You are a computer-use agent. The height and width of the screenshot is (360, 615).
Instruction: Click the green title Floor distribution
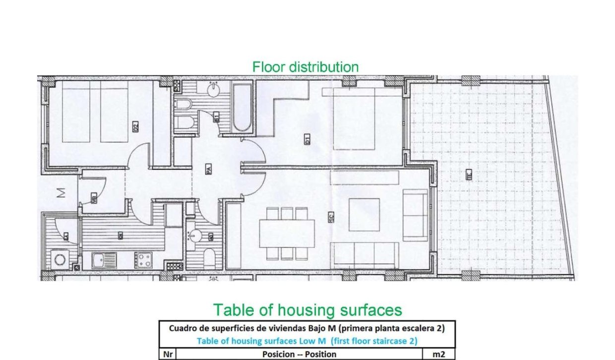point(305,67)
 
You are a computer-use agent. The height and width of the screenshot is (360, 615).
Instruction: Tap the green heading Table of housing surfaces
point(307,310)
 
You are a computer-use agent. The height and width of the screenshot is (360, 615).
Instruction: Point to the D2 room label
point(135,127)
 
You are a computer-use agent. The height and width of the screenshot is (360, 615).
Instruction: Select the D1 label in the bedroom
point(307,140)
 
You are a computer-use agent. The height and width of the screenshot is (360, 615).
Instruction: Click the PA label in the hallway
point(208,170)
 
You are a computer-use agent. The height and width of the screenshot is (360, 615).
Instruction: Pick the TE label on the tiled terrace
point(468,174)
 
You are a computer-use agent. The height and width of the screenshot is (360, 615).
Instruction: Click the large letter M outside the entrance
point(61,194)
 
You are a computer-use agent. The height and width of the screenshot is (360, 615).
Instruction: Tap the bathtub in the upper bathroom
point(242,109)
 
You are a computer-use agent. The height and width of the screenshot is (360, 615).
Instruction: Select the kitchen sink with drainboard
point(104,260)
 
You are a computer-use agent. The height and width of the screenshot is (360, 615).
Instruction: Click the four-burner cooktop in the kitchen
point(144,260)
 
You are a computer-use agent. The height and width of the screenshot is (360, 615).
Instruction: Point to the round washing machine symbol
point(61,259)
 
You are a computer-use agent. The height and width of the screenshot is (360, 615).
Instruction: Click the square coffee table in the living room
point(364,215)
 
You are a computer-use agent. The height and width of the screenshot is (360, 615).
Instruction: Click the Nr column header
point(167,354)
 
